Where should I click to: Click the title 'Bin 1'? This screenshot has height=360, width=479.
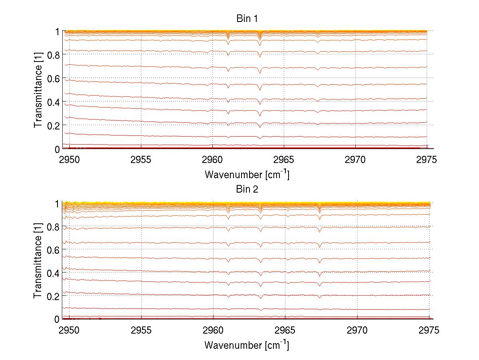[247, 19]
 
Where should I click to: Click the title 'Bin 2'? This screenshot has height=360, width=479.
[247, 189]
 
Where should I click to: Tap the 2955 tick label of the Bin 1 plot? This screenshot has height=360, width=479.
[141, 160]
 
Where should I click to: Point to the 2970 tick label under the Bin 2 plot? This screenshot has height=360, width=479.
[357, 330]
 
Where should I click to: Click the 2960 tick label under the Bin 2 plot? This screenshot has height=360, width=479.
[213, 330]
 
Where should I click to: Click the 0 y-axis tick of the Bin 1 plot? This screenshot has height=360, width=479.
[57, 149]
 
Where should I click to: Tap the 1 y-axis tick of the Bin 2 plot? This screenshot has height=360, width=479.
[57, 203]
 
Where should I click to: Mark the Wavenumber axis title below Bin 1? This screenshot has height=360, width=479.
[247, 174]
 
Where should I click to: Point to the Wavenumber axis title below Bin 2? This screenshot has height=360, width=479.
[247, 344]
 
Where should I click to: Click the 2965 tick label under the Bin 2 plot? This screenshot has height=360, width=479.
[285, 330]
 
